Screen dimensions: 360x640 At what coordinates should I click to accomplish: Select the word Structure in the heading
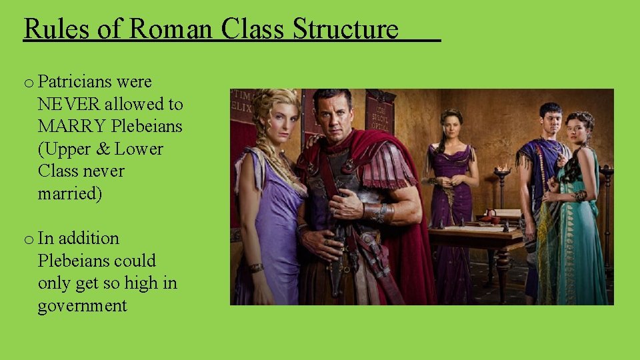[345, 29]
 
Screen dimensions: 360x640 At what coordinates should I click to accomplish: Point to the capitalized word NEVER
[69, 104]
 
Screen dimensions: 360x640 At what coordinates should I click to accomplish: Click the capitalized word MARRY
[72, 126]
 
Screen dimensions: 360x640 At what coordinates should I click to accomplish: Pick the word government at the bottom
[82, 306]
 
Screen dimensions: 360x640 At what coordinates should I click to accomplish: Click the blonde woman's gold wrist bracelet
[256, 268]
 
